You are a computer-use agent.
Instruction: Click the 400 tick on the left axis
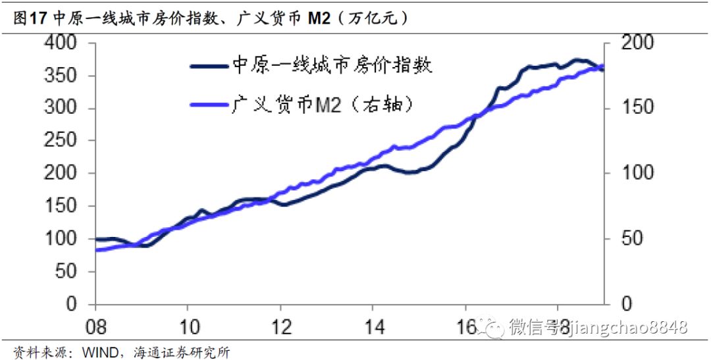tap(63, 44)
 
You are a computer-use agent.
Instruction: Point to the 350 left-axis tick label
tap(63, 76)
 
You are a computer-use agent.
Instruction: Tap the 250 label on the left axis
tap(63, 141)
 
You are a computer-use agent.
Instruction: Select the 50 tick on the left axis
tap(68, 271)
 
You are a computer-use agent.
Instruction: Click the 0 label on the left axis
tap(74, 304)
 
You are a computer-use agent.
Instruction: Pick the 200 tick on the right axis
tap(637, 44)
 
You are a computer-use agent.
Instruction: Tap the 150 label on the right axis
tap(637, 109)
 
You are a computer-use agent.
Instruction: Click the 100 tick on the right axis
tap(637, 173)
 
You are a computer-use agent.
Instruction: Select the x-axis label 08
tap(96, 328)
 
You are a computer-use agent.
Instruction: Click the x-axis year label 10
tap(188, 328)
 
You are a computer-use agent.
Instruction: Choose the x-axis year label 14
tap(373, 328)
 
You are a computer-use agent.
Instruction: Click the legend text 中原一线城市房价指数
tap(332, 66)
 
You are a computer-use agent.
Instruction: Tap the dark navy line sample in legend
tap(209, 66)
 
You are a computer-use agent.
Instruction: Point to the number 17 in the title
tap(38, 18)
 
